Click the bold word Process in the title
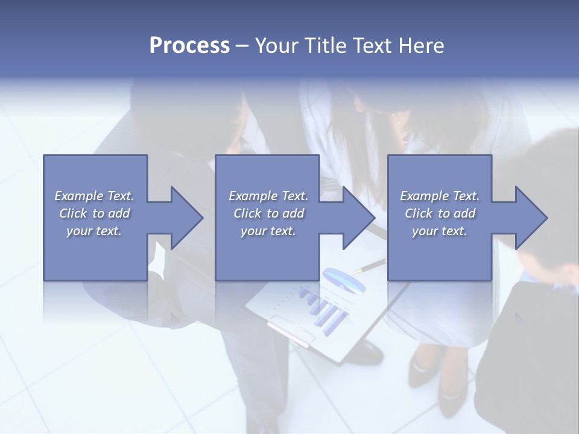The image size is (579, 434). pyautogui.click(x=189, y=45)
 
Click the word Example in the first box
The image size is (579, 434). pyautogui.click(x=78, y=196)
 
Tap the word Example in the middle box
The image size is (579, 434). pyautogui.click(x=253, y=196)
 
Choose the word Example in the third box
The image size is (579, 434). pyautogui.click(x=424, y=196)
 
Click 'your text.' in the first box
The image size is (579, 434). pyautogui.click(x=94, y=231)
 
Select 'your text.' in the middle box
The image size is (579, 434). pyautogui.click(x=268, y=231)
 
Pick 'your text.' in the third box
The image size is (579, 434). pyautogui.click(x=440, y=231)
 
